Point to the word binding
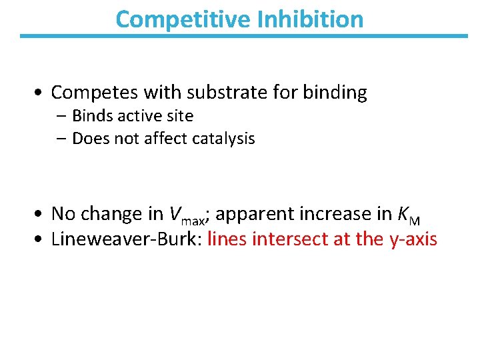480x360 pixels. pyautogui.click(x=335, y=93)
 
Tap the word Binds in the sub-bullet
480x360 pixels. pyautogui.click(x=92, y=116)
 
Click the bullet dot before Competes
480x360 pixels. pyautogui.click(x=41, y=93)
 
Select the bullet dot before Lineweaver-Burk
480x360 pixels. pyautogui.click(x=41, y=239)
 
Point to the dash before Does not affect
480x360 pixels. pyautogui.click(x=62, y=139)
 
